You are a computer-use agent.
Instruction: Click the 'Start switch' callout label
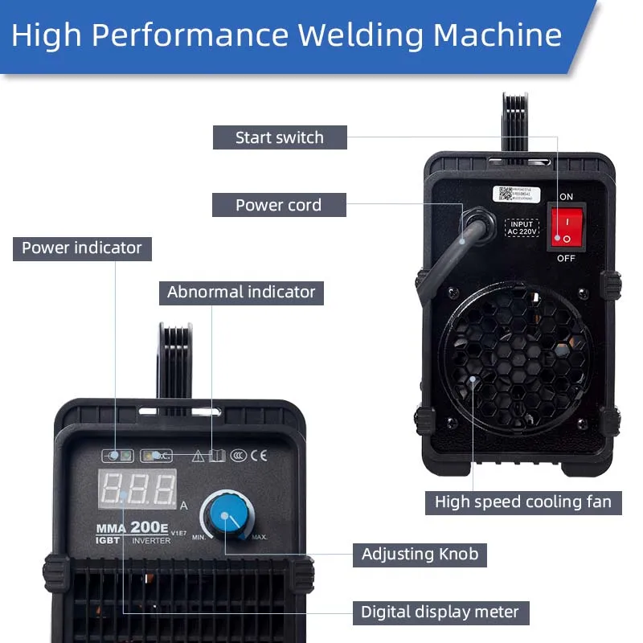[280, 137]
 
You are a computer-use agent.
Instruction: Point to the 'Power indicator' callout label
[82, 248]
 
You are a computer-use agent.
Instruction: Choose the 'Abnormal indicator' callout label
[241, 292]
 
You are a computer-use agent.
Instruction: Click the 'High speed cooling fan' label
[522, 502]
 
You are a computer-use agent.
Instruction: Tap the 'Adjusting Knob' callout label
[420, 554]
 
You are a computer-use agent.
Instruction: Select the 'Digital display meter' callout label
[440, 612]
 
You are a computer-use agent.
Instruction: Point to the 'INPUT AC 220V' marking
[522, 227]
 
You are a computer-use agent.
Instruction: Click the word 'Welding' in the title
[361, 35]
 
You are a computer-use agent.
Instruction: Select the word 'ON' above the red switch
[566, 197]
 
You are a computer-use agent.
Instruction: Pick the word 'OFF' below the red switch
[566, 258]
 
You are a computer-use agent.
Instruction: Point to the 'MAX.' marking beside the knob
[259, 536]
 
